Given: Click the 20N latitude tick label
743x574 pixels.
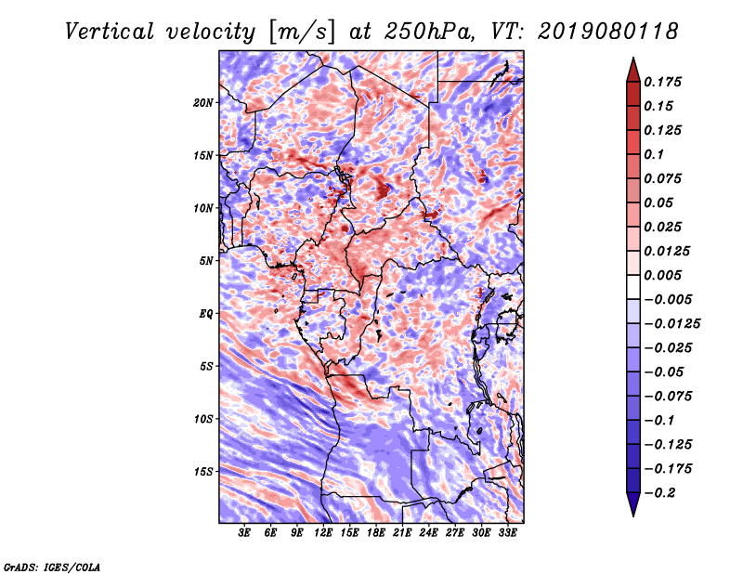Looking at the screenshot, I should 203,102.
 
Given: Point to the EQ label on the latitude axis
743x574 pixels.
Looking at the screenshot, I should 206,313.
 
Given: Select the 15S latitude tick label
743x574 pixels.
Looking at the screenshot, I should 203,471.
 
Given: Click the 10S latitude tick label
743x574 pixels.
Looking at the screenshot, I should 203,418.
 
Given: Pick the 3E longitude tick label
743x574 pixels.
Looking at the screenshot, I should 245,534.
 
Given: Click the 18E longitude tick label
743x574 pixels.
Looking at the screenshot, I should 376,534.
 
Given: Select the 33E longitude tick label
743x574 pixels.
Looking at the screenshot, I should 507,534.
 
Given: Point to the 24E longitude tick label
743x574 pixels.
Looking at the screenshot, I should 429,534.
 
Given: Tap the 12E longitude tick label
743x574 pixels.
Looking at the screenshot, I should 324,534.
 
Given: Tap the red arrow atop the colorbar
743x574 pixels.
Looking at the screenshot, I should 632,68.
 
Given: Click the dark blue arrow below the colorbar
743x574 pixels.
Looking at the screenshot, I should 632,505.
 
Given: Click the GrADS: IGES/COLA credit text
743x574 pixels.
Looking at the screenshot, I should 51,566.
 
